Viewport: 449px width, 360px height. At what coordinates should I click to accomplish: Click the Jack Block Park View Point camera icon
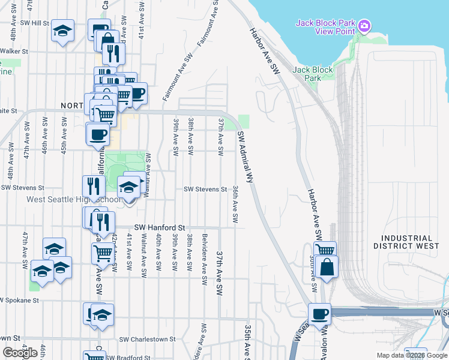364,26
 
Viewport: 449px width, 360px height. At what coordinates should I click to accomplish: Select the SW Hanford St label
159,228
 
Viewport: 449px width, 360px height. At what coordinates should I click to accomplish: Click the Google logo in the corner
20,353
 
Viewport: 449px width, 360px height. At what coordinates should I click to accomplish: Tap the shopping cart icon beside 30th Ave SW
325,251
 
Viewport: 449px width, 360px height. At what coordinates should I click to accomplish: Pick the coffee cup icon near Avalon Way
319,313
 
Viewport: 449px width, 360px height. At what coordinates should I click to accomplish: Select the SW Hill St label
34,22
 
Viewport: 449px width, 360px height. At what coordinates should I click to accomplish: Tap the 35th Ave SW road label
247,342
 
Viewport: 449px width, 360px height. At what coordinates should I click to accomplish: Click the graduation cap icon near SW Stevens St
128,187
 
